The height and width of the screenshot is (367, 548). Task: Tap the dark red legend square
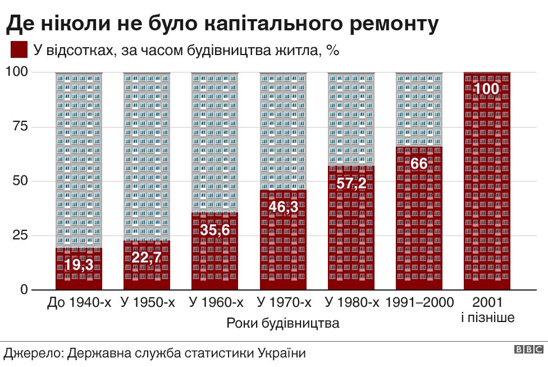pos(19,49)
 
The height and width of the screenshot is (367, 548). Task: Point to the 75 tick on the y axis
pos(20,126)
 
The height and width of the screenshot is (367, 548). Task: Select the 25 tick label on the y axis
pos(20,235)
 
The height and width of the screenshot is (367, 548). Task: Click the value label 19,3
pos(79,265)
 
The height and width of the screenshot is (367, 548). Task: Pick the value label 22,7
pos(147,258)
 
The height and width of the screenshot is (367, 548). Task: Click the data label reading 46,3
pos(283,207)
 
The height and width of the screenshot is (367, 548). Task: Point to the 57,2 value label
pos(351,183)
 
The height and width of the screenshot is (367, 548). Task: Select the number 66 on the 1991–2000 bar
pos(419,164)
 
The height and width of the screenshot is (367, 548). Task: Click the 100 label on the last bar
pos(487,89)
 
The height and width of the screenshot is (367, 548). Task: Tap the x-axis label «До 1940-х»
pos(79,303)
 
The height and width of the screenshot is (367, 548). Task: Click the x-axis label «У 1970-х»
pos(284,303)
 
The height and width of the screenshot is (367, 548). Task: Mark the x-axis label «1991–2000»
pos(420,303)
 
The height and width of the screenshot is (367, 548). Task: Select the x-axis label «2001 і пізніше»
pos(487,310)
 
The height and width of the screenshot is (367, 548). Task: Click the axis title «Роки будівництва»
pos(283,324)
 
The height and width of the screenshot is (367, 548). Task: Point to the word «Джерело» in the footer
pos(33,354)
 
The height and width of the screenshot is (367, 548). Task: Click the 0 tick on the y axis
pos(24,289)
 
